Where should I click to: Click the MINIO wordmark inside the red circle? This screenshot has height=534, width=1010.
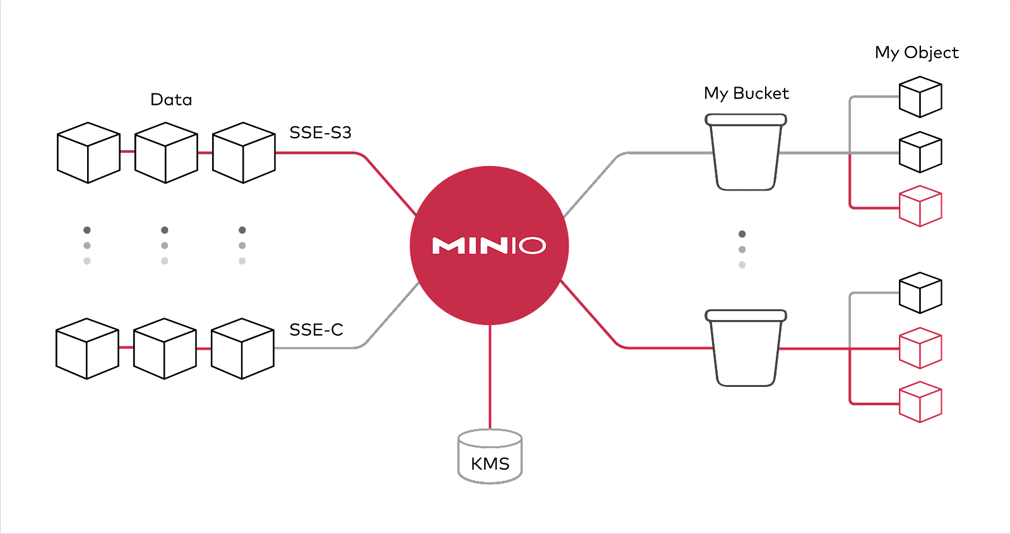tap(489, 246)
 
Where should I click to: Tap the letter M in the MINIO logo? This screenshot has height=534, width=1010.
tap(448, 246)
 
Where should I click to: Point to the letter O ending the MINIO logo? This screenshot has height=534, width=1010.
tap(532, 246)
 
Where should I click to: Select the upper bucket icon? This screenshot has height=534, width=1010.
tap(746, 152)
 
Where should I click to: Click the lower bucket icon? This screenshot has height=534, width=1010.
tap(746, 348)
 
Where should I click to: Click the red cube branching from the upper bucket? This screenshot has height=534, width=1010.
tap(920, 206)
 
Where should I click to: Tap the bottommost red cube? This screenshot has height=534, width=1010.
tap(920, 401)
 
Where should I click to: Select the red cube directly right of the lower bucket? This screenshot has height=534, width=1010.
tap(920, 348)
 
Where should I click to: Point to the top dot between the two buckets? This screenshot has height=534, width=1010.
tap(742, 234)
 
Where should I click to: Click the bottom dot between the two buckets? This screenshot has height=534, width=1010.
tap(742, 265)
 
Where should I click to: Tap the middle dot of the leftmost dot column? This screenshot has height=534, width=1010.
tap(87, 246)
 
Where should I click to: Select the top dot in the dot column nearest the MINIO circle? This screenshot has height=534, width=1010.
tap(242, 230)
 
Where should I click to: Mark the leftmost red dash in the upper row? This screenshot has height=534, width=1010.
tap(128, 151)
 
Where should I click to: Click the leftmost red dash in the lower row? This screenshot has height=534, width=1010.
tap(126, 347)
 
